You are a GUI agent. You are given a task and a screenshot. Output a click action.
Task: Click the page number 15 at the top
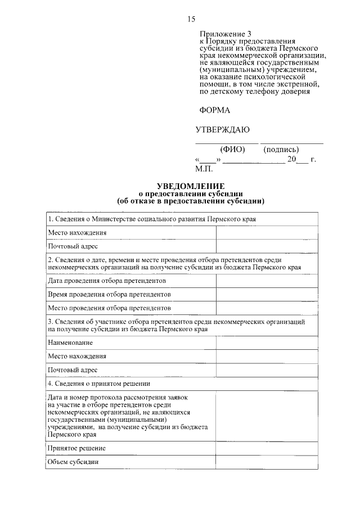click(191, 19)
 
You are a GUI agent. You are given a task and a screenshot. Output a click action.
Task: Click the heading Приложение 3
click(223, 34)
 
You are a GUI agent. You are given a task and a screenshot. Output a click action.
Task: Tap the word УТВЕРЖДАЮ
click(222, 130)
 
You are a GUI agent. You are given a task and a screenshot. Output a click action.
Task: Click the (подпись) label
click(281, 150)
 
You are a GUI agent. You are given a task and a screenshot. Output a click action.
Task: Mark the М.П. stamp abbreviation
click(203, 168)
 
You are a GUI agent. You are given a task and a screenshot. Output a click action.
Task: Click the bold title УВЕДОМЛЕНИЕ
click(190, 186)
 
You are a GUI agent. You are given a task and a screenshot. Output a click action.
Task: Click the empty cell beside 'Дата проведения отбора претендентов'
click(268, 280)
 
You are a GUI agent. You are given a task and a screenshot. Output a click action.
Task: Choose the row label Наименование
click(70, 342)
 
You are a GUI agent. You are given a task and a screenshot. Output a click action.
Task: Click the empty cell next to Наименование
click(268, 342)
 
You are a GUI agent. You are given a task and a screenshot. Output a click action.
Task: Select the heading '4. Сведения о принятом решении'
click(99, 384)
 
